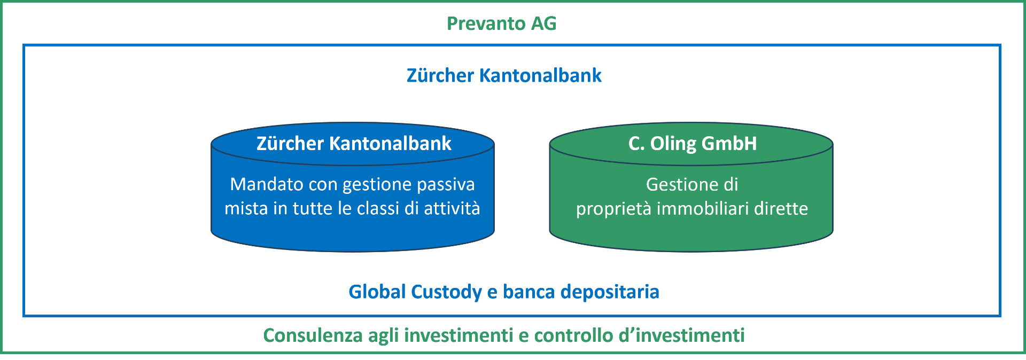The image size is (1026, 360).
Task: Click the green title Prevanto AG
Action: click(501, 24)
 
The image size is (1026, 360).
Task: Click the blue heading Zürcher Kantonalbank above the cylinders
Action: click(504, 75)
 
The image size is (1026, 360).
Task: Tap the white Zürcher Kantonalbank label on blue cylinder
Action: click(354, 143)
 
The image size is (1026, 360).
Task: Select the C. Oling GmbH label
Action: click(693, 144)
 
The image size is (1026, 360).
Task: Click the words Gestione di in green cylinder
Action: click(692, 184)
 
